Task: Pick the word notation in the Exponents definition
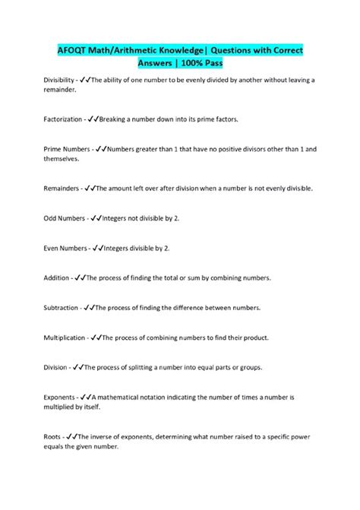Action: [172, 398]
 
